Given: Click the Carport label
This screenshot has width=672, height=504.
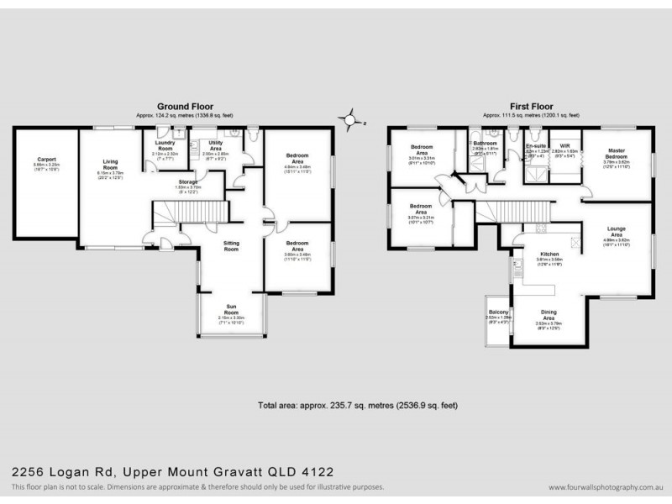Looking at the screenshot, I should (x=46, y=159).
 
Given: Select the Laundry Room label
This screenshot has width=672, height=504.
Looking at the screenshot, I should (x=165, y=145).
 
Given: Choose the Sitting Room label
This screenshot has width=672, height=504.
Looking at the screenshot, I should (x=231, y=246).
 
